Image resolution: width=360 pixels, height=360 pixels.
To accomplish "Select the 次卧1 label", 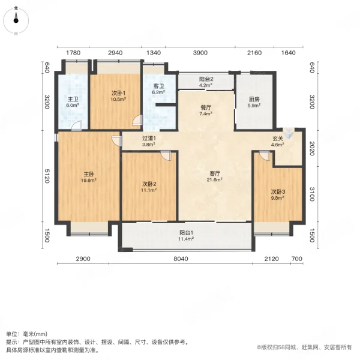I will coord(118,93).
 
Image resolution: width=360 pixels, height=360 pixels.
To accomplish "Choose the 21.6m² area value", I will coord(215,179).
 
